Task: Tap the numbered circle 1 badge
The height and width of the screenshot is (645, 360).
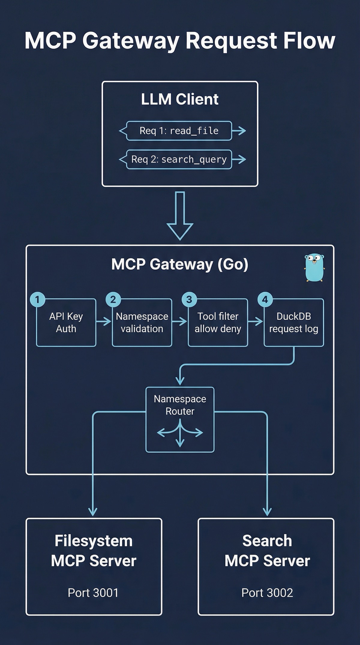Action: (37, 300)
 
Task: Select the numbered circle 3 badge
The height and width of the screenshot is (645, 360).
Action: (189, 300)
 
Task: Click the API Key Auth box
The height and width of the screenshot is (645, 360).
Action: (66, 323)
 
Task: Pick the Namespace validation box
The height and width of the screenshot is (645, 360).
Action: (142, 323)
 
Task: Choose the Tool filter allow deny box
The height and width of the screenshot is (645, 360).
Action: (218, 323)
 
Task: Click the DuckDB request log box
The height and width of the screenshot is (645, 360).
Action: (294, 323)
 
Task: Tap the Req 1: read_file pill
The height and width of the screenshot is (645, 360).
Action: (179, 131)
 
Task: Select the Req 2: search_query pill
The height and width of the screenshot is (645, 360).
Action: (179, 159)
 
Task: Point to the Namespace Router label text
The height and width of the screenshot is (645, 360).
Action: (180, 405)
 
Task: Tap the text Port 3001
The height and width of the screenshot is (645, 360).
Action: (93, 593)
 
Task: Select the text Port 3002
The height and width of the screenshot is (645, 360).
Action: (267, 593)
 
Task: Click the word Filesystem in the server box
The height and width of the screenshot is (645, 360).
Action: (93, 541)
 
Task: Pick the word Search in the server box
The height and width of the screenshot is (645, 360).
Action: (267, 541)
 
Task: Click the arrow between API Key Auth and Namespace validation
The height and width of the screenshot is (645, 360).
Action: (104, 322)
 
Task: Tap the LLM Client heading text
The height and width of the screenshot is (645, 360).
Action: (180, 99)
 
